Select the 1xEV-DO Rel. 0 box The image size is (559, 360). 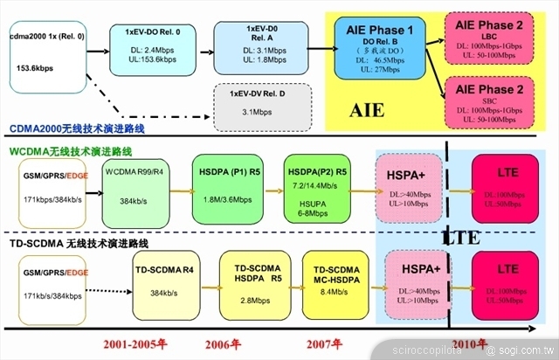pos(147,48)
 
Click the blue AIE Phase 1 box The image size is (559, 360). pos(380,53)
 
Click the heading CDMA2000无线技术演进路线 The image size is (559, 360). pos(78,129)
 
